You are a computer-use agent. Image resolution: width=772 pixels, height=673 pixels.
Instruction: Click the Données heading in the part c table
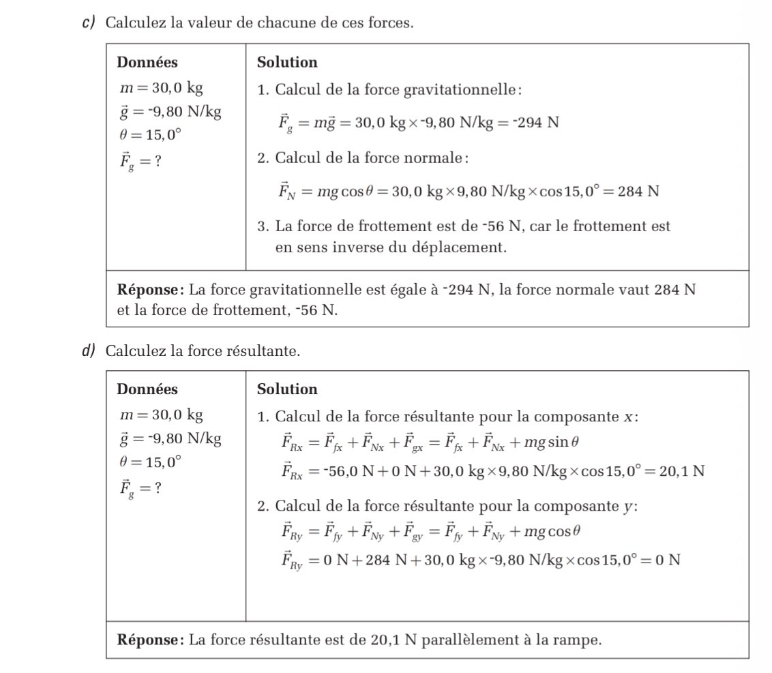(147, 63)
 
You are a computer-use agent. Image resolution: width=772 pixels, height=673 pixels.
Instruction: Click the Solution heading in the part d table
(287, 389)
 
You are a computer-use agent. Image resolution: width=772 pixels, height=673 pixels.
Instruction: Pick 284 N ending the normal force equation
(638, 191)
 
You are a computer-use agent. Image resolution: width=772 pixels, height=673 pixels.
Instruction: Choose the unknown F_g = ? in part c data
(140, 162)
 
